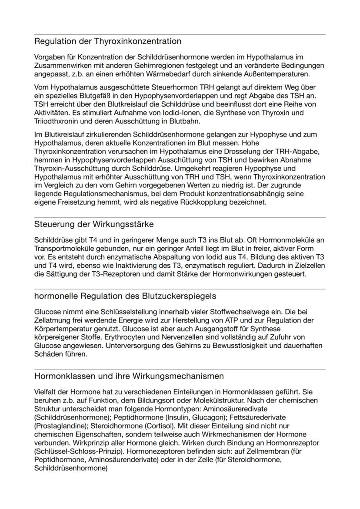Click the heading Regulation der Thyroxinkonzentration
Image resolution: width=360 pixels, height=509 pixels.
(x=107, y=42)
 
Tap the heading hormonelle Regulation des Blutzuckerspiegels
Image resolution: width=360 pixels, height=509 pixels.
(x=125, y=296)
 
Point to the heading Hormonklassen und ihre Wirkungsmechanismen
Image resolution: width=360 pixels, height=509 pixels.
(x=129, y=376)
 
